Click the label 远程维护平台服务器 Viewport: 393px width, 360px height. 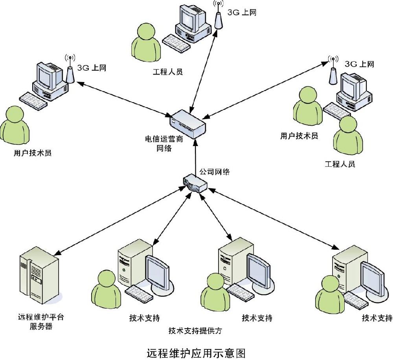40,322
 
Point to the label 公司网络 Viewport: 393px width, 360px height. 215,172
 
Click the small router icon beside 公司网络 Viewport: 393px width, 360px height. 195,183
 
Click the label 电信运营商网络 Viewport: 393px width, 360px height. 164,144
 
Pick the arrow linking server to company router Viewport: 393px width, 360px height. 118,220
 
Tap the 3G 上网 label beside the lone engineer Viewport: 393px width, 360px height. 242,13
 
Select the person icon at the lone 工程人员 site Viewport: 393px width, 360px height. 145,44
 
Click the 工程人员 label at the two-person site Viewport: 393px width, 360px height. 340,164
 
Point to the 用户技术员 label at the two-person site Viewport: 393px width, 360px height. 299,136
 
